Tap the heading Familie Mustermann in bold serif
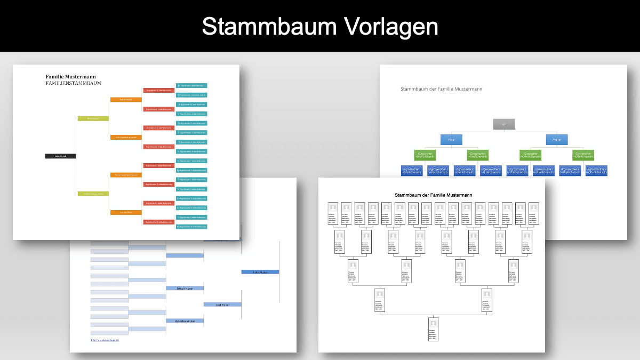click(x=71, y=77)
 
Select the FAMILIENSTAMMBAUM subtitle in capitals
click(x=73, y=84)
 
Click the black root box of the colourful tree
click(x=61, y=156)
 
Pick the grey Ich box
click(x=504, y=124)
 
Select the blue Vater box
click(x=451, y=140)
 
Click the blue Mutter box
click(x=557, y=140)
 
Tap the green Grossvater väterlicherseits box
click(x=425, y=155)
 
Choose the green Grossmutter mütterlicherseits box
click(x=583, y=155)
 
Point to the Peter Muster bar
click(x=260, y=272)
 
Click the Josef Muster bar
click(x=222, y=305)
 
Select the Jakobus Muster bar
click(x=185, y=289)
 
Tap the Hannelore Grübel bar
click(x=185, y=321)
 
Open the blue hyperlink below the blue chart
click(x=105, y=340)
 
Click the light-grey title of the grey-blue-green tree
click(x=441, y=89)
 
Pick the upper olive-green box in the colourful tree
click(x=93, y=118)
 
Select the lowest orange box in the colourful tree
click(x=126, y=212)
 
